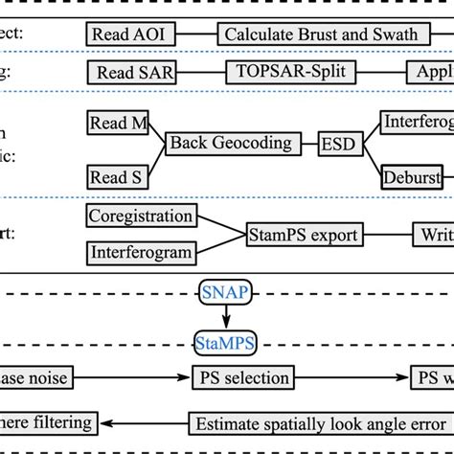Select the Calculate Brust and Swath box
pyautogui.click(x=321, y=34)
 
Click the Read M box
pyautogui.click(x=121, y=123)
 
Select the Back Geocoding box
pyautogui.click(x=230, y=143)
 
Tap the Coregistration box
pyautogui.click(x=140, y=216)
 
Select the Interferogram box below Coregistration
pyautogui.click(x=140, y=253)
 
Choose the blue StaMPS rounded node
pyautogui.click(x=227, y=341)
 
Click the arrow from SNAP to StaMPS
pyautogui.click(x=227, y=317)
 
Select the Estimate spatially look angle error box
pyautogui.click(x=313, y=422)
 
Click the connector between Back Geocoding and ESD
pyautogui.click(x=306, y=143)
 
